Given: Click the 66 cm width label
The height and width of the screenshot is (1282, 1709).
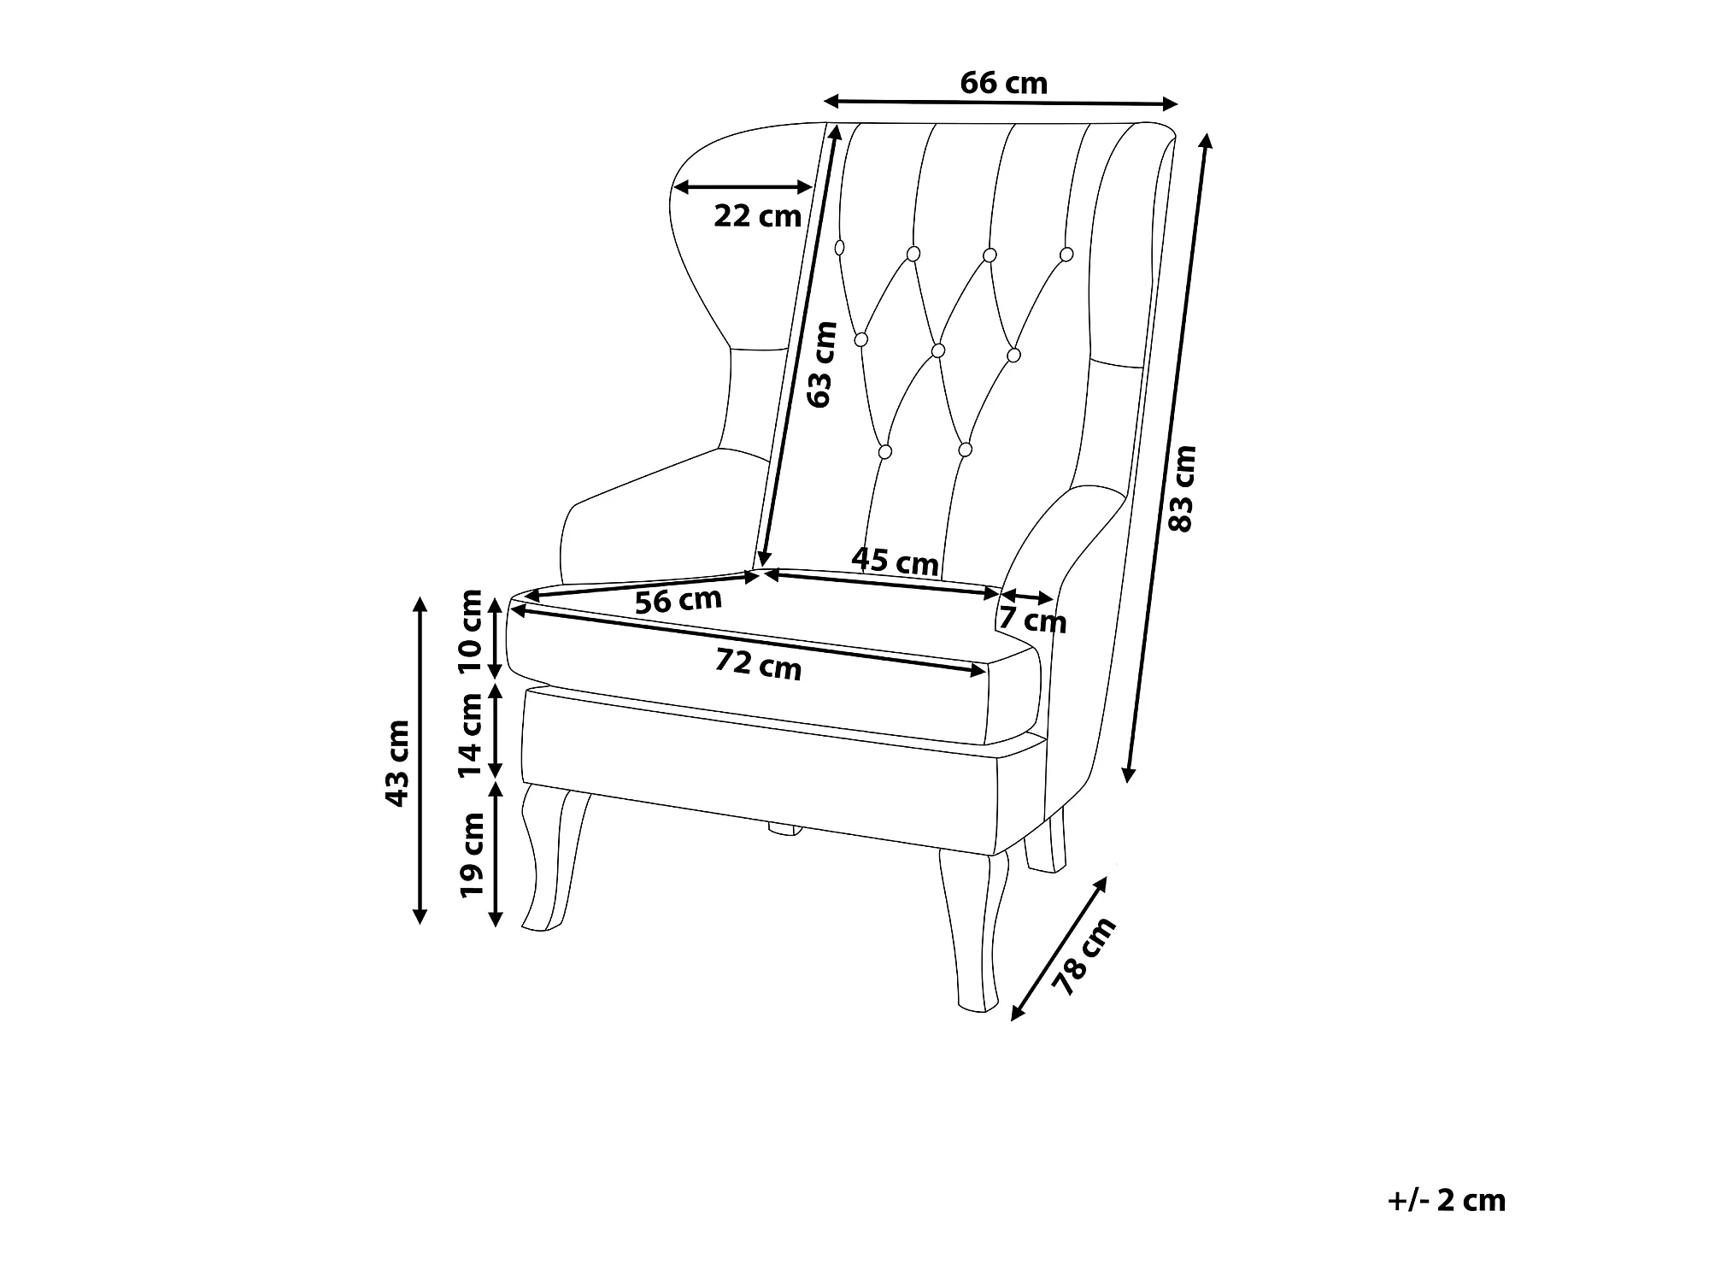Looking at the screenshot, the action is click(x=1003, y=83).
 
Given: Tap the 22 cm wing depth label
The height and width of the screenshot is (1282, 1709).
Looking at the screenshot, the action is click(x=757, y=216).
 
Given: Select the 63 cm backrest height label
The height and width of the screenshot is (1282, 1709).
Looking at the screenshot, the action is click(x=820, y=364).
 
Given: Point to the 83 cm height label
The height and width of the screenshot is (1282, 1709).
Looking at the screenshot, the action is click(x=1182, y=488).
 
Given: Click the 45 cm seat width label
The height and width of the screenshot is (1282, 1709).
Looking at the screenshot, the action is click(x=895, y=561).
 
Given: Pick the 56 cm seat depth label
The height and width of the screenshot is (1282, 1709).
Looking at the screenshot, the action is click(x=678, y=601).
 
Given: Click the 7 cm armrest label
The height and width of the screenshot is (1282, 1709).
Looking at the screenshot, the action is click(x=1032, y=620).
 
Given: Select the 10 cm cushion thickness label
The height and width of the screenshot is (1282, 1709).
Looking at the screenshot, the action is click(x=470, y=633).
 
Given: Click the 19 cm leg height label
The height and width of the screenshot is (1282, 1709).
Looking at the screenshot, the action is click(x=471, y=854).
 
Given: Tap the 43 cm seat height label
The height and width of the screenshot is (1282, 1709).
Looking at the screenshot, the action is click(x=397, y=763).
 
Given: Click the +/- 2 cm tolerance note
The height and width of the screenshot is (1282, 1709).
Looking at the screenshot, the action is click(x=1446, y=1200).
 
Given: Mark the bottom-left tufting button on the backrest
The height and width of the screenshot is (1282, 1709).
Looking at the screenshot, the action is click(x=885, y=450).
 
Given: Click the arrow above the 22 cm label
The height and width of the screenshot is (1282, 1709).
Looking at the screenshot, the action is click(x=743, y=187).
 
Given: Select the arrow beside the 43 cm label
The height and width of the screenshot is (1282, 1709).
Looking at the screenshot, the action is click(x=420, y=760).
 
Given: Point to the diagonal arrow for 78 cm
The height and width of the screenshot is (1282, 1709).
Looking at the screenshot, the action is click(x=1058, y=949).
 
